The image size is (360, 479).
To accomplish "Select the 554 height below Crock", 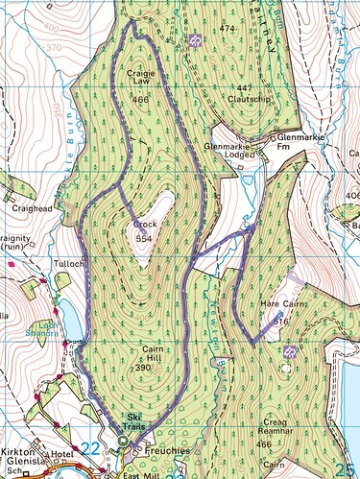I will tap(145, 236).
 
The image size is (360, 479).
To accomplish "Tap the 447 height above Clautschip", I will tap(245, 88).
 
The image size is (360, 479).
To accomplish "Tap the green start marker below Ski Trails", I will tap(123, 441).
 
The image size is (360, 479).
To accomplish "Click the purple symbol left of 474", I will tap(194, 40).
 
